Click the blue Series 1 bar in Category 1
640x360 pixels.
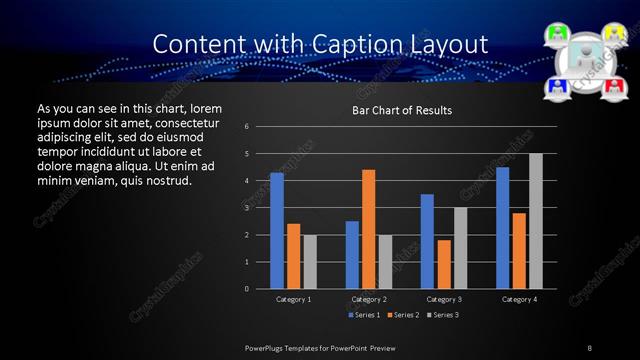click(x=277, y=231)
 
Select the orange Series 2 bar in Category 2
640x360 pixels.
click(x=368, y=229)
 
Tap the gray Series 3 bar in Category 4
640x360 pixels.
click(x=536, y=221)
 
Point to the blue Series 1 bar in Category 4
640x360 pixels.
click(x=502, y=228)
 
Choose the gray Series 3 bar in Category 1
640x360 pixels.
click(x=310, y=262)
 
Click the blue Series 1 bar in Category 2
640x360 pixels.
click(x=352, y=255)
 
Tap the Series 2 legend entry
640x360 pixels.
click(x=402, y=315)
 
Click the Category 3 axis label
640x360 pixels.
click(x=444, y=299)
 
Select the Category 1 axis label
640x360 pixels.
click(x=294, y=299)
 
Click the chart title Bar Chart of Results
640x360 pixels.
click(x=402, y=110)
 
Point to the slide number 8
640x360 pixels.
click(x=589, y=347)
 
